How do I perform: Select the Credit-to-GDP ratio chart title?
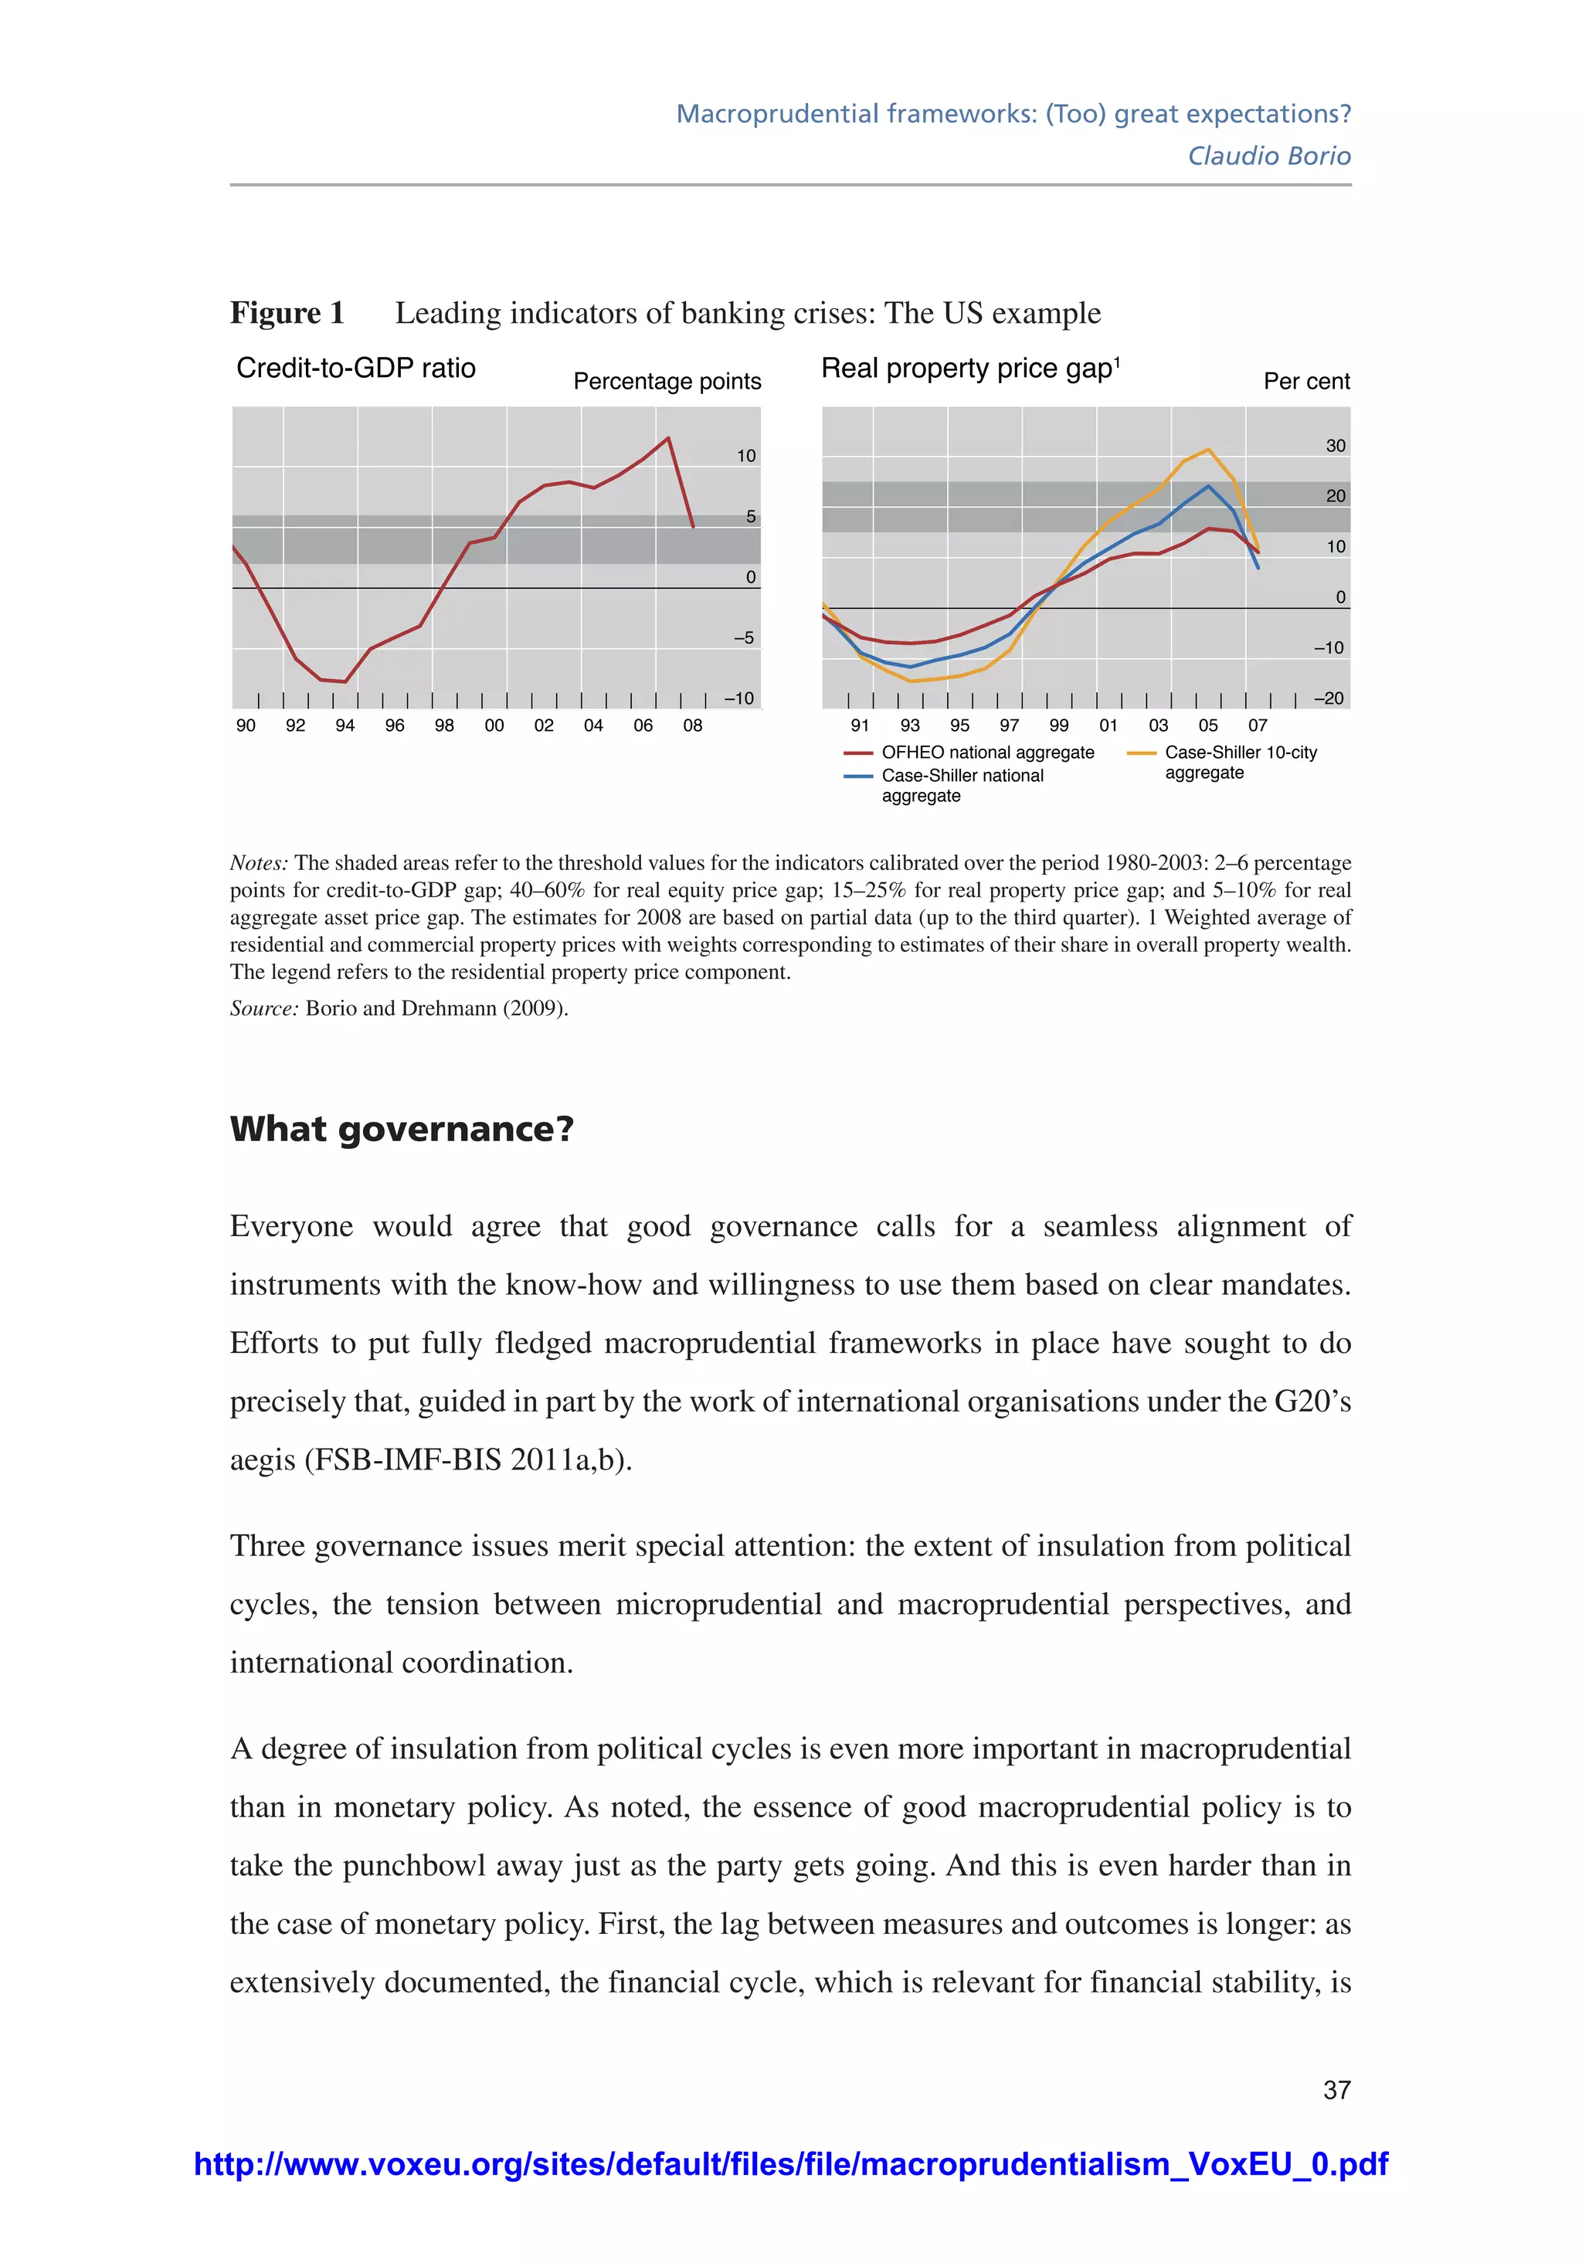point(356,368)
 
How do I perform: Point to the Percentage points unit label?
point(667,382)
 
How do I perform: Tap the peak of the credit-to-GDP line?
point(668,437)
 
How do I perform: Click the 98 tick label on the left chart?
point(444,725)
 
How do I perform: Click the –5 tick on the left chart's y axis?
point(744,637)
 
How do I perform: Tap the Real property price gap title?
point(970,369)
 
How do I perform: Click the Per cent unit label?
point(1306,382)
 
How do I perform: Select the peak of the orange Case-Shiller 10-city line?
point(1208,450)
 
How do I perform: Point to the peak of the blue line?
point(1208,485)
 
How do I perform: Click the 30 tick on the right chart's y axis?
point(1335,446)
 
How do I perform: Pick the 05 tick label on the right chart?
point(1207,725)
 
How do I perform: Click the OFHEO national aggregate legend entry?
point(986,752)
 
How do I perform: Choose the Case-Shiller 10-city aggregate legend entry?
point(1239,762)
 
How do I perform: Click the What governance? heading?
point(401,1129)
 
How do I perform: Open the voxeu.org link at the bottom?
point(790,2163)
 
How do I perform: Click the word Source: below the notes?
point(263,1008)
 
